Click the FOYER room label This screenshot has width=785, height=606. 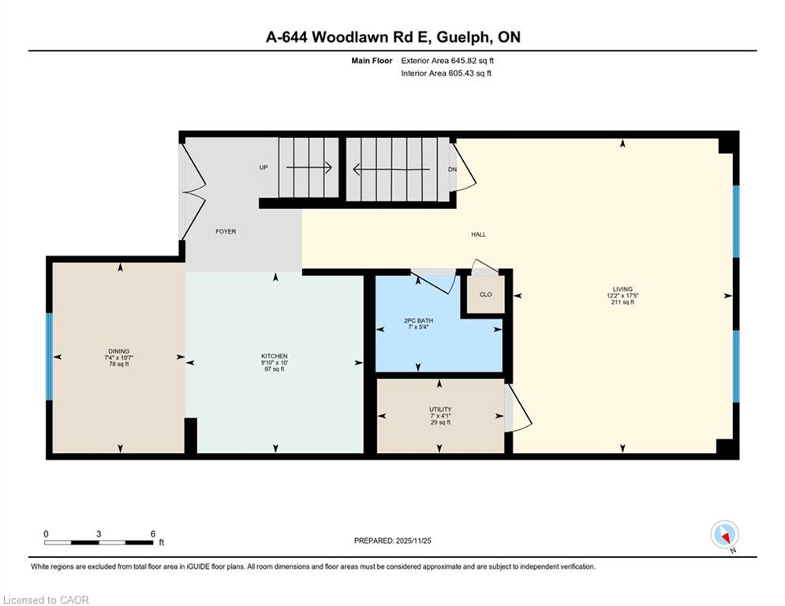[x=226, y=231]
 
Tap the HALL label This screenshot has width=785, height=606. [x=478, y=234]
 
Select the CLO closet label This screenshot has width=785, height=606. [x=486, y=294]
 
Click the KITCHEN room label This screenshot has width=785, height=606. [x=275, y=356]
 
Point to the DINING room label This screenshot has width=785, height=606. [x=118, y=351]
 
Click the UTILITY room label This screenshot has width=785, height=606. [x=440, y=410]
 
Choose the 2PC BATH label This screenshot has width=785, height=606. [x=418, y=320]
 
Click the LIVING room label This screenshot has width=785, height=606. [x=622, y=289]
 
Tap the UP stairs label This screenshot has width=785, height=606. [x=264, y=167]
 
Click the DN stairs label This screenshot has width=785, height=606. [x=452, y=170]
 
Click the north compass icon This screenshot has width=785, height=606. [x=724, y=535]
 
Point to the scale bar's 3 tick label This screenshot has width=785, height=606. [x=99, y=534]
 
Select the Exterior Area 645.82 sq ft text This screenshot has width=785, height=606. [x=447, y=61]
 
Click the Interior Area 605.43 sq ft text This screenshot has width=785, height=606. [x=446, y=73]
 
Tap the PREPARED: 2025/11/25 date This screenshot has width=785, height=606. [x=393, y=541]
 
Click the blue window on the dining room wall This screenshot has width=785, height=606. [x=49, y=357]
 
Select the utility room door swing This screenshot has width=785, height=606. [x=518, y=406]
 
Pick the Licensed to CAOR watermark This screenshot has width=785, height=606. [x=46, y=600]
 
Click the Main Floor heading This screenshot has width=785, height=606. [x=372, y=61]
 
